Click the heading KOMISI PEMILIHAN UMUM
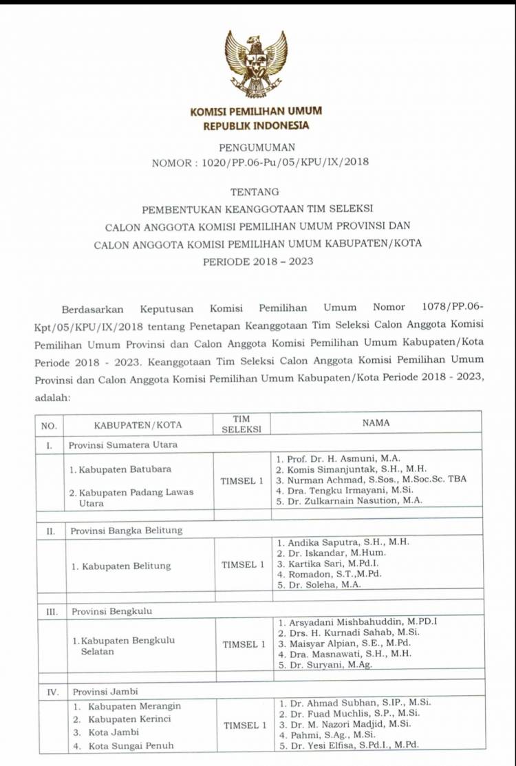(256, 111)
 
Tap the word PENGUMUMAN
(256, 147)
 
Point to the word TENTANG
(256, 192)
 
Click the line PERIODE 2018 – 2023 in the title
(257, 262)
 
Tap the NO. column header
(49, 425)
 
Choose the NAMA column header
(376, 423)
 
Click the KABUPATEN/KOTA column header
(138, 425)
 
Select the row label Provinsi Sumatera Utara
(123, 445)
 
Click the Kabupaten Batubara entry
(120, 469)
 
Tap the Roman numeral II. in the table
(50, 531)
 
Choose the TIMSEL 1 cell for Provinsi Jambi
(244, 725)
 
